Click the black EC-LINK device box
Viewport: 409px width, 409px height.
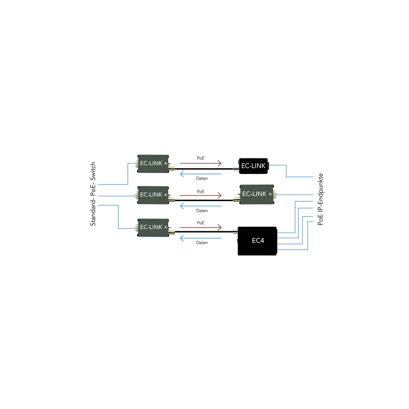pos(253,165)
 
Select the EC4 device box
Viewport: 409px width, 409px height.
pos(258,240)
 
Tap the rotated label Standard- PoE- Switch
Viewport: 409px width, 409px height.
pos(93,194)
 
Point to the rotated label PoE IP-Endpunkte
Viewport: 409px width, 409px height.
pos(320,200)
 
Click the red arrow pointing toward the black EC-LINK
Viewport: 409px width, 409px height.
pos(201,163)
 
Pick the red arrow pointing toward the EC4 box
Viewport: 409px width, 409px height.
pos(201,227)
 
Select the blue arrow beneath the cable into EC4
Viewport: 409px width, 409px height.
pos(201,238)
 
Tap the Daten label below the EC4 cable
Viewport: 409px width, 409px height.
pos(202,243)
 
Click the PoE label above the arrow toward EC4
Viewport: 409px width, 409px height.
pos(201,222)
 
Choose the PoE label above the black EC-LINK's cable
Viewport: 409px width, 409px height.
pos(201,158)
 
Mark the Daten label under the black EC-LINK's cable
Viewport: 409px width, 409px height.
pos(202,178)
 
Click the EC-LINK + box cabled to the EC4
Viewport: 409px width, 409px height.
pos(153,227)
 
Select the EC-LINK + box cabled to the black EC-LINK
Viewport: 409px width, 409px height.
pos(153,163)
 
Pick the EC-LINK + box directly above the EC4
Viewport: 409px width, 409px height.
pos(257,194)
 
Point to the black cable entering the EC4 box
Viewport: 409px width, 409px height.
pos(204,232)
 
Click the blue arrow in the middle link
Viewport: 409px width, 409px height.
pos(201,206)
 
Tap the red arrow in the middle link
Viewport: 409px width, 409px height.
pos(201,195)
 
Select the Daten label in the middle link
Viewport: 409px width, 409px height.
pos(202,210)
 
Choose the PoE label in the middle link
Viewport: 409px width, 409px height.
pos(201,191)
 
